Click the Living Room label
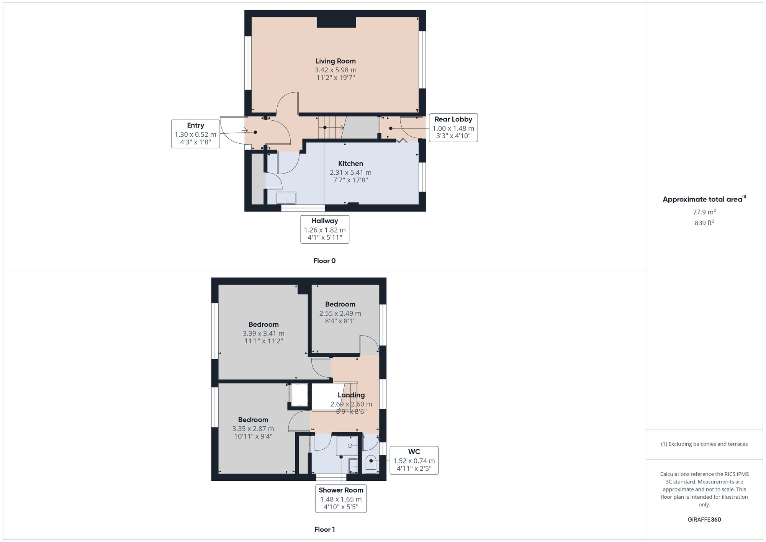(x=336, y=61)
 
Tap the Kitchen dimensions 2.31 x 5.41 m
(x=350, y=173)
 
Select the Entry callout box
(x=195, y=134)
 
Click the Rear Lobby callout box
(x=453, y=128)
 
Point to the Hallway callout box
(x=325, y=229)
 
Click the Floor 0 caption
(x=324, y=261)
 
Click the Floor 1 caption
(x=324, y=529)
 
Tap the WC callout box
(x=414, y=460)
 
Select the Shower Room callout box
(x=341, y=499)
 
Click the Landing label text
(x=351, y=395)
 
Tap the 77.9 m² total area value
(x=704, y=212)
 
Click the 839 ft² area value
(x=704, y=223)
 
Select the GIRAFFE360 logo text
(x=704, y=520)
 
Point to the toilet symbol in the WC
(x=371, y=463)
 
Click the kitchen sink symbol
(x=286, y=198)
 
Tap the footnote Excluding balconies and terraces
(x=704, y=444)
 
